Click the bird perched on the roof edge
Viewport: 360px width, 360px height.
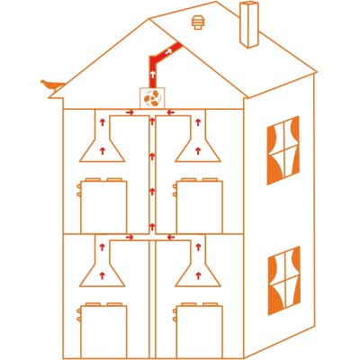[x=51, y=85]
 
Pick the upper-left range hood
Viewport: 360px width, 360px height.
[x=103, y=142]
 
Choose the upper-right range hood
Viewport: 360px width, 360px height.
[x=195, y=142]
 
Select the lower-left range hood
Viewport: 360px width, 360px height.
[x=103, y=268]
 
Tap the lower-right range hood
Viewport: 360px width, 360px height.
[x=195, y=268]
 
